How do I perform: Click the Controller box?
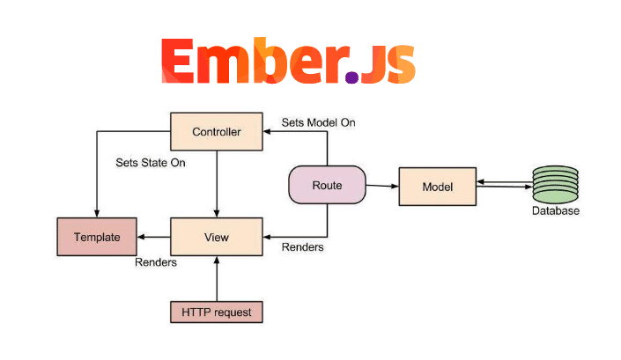216,131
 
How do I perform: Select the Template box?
97,237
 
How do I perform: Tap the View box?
216,237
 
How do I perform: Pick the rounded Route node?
327,185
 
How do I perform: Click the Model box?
438,187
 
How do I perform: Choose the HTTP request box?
216,312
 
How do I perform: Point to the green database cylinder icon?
555,184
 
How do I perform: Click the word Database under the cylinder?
555,210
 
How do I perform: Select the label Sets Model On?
318,122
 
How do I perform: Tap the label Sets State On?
151,163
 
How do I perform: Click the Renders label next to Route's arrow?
303,246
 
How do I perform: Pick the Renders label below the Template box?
156,262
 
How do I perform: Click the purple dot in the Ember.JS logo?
351,77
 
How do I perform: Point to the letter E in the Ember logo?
177,61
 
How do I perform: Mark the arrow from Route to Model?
382,186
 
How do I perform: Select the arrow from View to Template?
153,237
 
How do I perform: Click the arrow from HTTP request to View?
217,278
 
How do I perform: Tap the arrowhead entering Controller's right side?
267,131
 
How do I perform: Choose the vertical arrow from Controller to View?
217,184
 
